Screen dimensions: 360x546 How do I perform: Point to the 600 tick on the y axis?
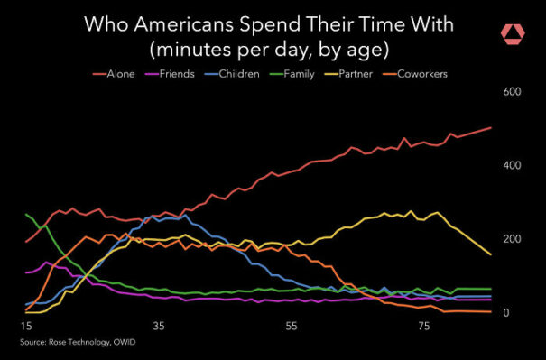point(512,92)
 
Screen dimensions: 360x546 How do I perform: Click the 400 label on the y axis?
point(512,166)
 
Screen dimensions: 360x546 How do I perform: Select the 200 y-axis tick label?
point(512,239)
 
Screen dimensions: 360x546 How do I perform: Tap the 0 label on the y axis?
point(505,313)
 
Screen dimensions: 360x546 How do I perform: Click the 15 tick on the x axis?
point(25,326)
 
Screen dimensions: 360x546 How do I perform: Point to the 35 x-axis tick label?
point(159,326)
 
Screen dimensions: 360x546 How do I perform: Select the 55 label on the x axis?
point(292,326)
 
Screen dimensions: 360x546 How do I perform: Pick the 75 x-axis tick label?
point(425,326)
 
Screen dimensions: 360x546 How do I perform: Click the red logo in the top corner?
point(513,33)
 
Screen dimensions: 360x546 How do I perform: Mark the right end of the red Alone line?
point(491,127)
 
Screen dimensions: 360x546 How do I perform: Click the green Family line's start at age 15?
point(26,215)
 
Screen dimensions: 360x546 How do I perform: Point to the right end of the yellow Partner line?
point(491,255)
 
